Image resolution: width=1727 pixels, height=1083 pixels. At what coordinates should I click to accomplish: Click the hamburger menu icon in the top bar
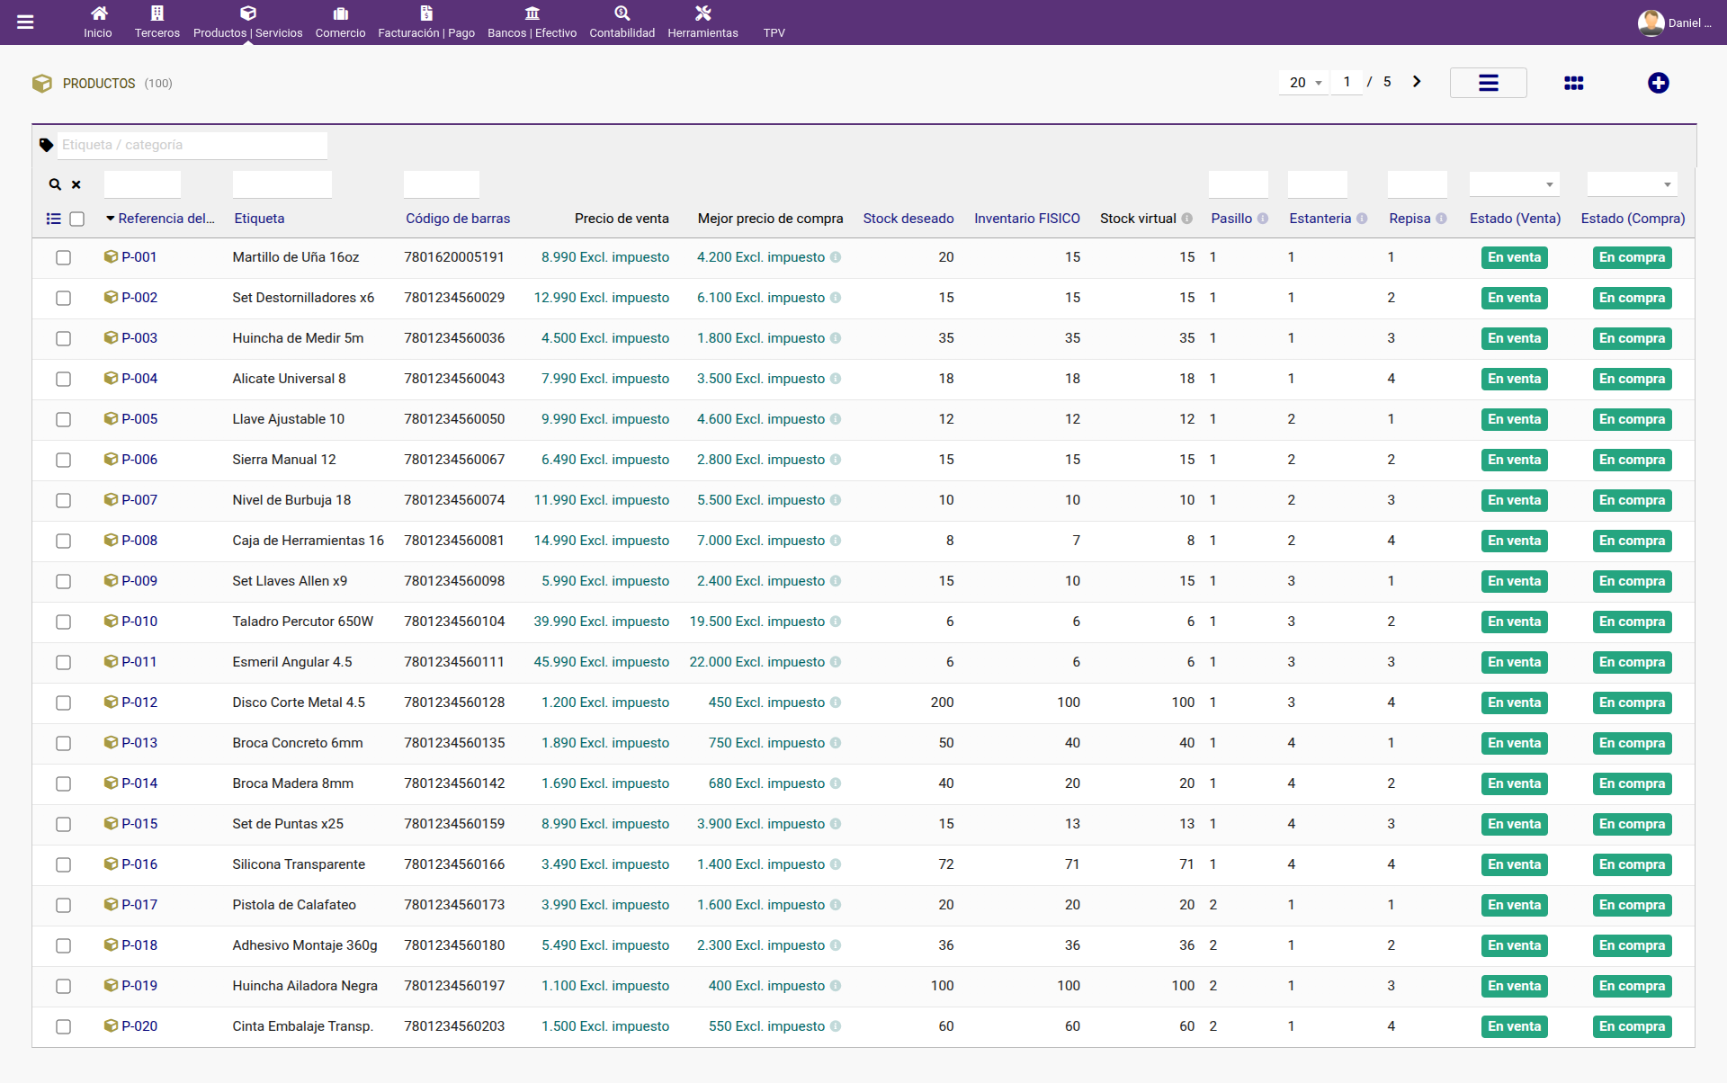[25, 22]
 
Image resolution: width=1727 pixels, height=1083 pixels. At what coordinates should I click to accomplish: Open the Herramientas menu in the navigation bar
[702, 22]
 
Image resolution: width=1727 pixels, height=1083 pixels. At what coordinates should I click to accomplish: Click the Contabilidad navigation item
[622, 22]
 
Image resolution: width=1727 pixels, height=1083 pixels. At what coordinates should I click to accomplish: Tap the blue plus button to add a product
[1658, 83]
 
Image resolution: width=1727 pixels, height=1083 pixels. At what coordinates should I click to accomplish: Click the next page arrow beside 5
[1417, 82]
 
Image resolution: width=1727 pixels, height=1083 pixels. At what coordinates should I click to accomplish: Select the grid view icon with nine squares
[1573, 83]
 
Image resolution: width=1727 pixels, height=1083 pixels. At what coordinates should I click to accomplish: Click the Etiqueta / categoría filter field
[192, 145]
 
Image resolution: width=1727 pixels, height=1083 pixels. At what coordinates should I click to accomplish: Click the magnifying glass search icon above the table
[55, 184]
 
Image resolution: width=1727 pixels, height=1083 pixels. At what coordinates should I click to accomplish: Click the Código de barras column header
[458, 219]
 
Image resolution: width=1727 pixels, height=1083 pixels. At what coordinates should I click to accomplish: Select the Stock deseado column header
[908, 219]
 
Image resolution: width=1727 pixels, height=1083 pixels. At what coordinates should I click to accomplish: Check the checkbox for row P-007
[63, 500]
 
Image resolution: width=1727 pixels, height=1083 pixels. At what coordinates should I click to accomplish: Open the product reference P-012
[139, 703]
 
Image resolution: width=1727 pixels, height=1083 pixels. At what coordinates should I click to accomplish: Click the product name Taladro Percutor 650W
[302, 622]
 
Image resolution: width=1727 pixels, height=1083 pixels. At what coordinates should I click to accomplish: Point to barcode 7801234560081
[454, 541]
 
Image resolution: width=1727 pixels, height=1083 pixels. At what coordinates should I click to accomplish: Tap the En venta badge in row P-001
[1514, 257]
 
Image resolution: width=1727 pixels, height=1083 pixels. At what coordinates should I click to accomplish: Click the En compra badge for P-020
[1632, 1026]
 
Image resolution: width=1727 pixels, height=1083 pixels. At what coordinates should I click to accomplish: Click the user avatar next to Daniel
[1651, 22]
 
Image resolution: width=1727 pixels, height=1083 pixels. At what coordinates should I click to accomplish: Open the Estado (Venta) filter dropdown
[1515, 184]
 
